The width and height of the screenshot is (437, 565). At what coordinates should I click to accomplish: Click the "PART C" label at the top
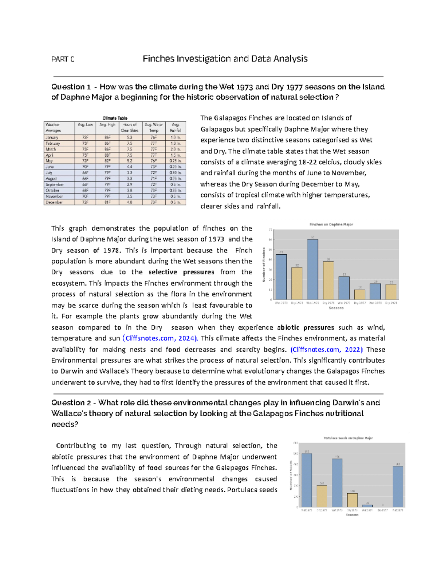(63, 59)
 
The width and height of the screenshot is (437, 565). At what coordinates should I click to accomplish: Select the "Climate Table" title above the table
(115, 118)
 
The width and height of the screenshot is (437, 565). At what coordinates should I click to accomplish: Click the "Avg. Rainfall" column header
(175, 127)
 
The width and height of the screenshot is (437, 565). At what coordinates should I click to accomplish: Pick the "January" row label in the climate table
(52, 138)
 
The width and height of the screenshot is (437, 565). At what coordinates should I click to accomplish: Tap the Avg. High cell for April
(107, 155)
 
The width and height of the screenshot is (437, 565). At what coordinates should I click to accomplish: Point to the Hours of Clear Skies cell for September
(130, 184)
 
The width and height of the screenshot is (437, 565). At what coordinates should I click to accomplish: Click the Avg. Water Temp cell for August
(154, 179)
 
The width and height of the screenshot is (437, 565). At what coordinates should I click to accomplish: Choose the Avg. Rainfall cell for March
(175, 149)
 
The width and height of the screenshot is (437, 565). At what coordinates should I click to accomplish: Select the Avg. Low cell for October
(85, 190)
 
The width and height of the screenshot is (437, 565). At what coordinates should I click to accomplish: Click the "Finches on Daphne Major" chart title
(331, 224)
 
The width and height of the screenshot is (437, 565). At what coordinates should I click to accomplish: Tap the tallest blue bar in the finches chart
(312, 269)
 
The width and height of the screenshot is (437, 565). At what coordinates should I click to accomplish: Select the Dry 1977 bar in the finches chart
(359, 294)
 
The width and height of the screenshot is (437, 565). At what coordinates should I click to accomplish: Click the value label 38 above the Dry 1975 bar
(328, 259)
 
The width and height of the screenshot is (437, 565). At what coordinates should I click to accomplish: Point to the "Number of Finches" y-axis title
(264, 264)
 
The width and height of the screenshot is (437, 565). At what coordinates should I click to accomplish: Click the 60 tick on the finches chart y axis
(270, 240)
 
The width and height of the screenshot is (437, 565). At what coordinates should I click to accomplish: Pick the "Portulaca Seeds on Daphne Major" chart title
(348, 438)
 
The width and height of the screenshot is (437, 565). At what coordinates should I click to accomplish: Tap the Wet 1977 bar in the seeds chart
(367, 506)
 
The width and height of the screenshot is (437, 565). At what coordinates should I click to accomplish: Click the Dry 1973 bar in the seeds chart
(322, 496)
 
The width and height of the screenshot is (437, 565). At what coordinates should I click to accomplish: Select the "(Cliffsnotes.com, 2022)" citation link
(326, 350)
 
